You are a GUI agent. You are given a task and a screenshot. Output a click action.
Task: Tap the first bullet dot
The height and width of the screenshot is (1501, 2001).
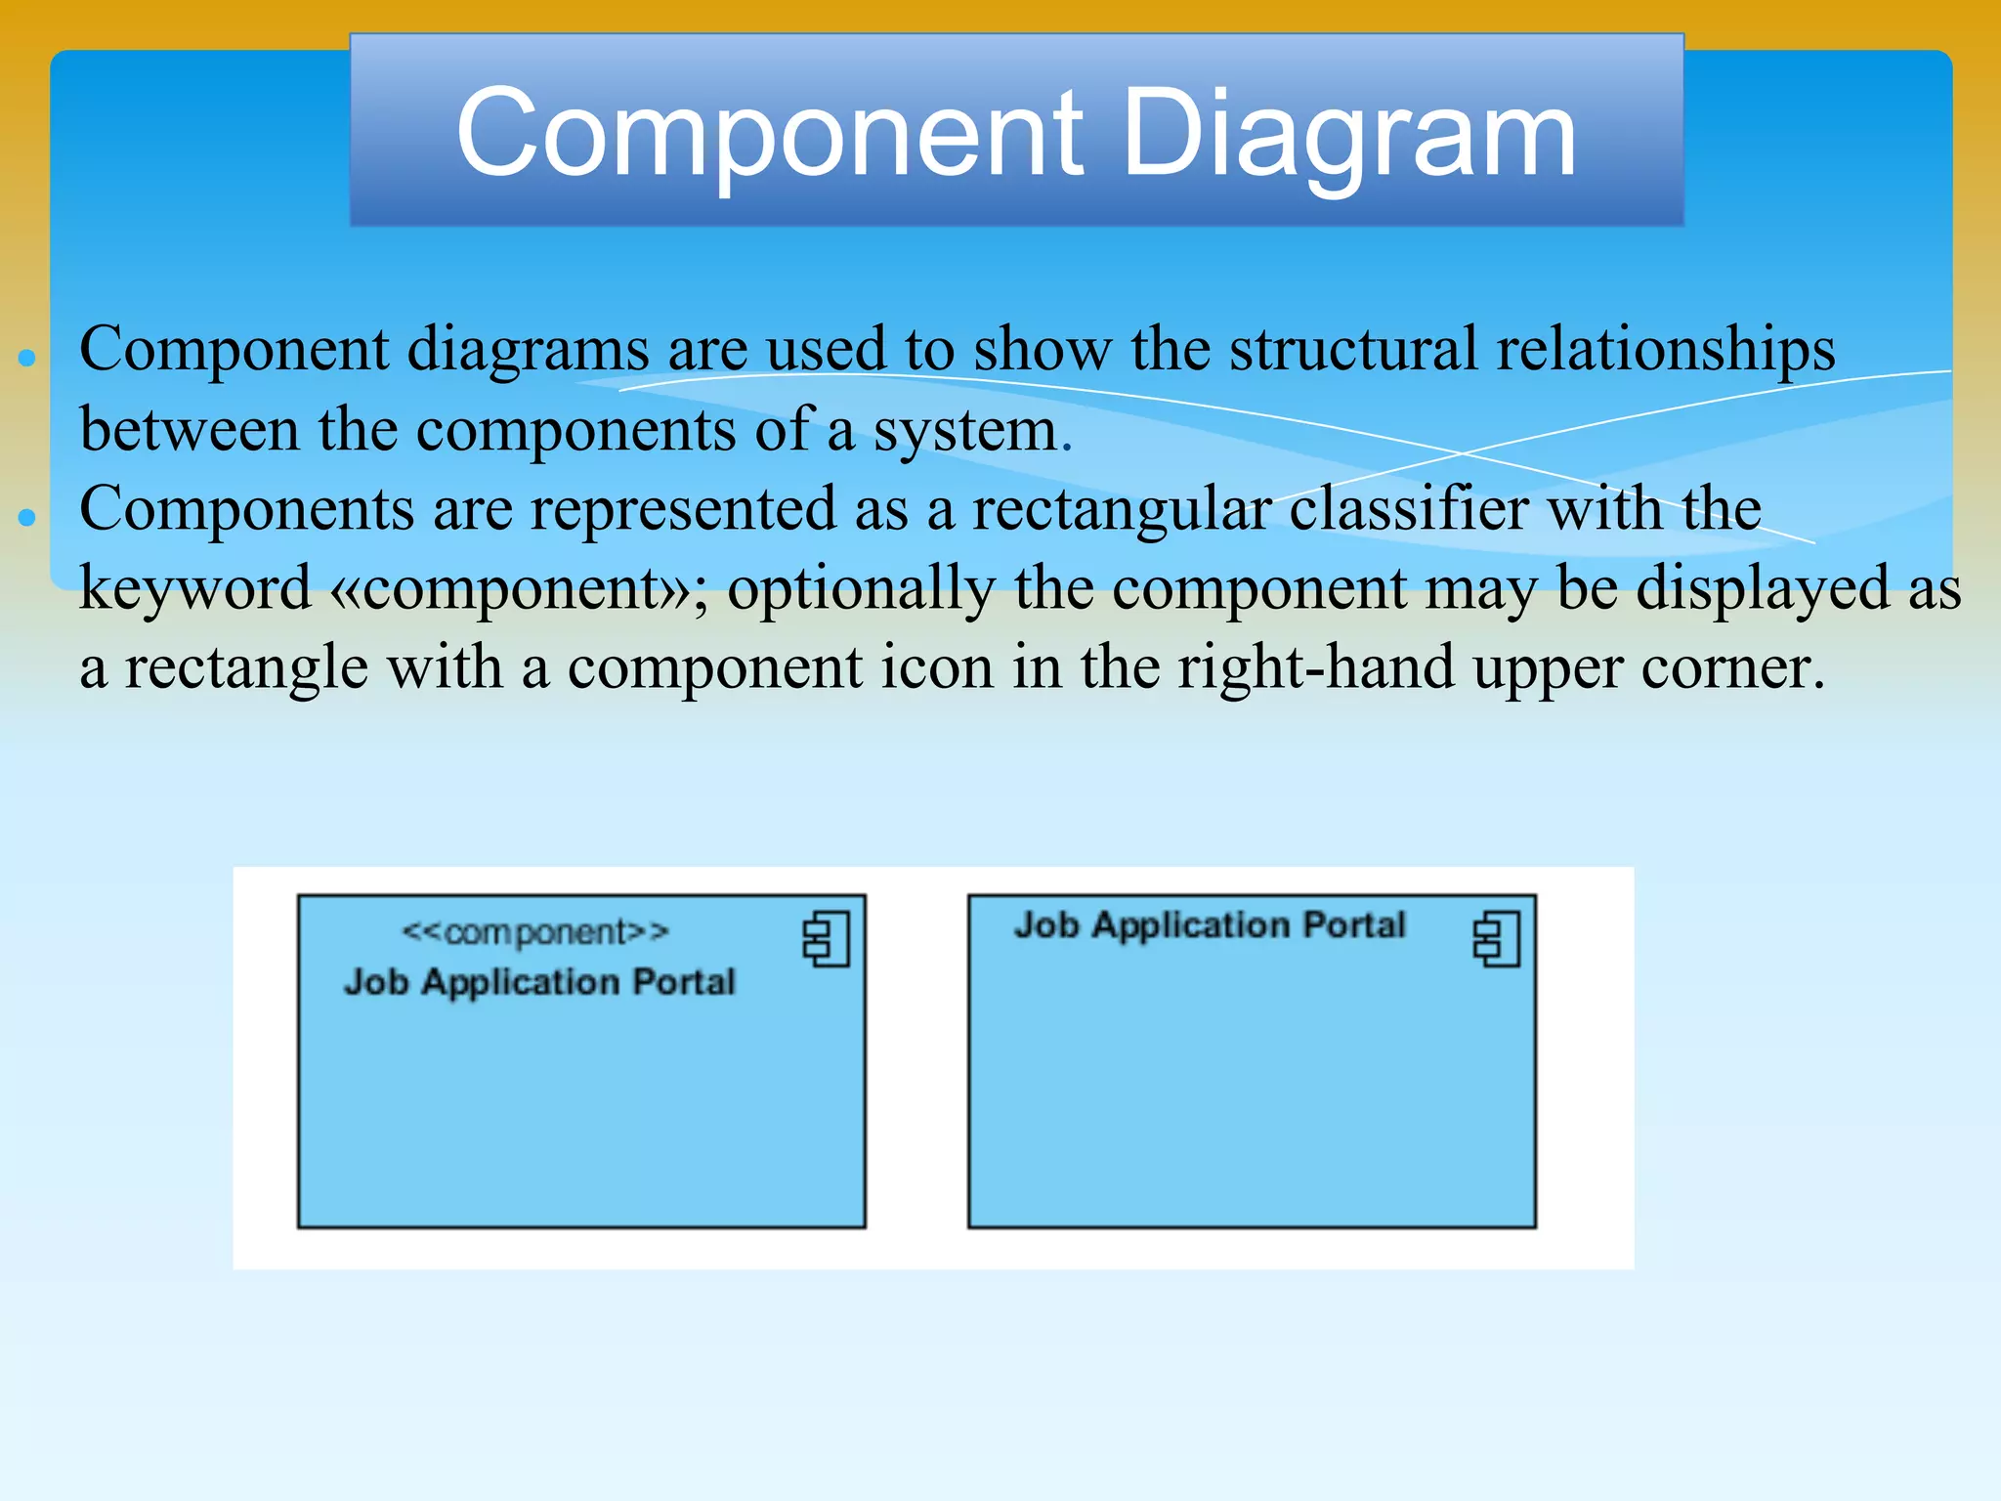click(27, 358)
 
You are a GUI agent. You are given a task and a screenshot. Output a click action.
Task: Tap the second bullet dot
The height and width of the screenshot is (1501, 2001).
click(27, 517)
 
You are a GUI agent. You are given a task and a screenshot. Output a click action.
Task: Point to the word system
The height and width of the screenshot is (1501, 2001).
click(966, 430)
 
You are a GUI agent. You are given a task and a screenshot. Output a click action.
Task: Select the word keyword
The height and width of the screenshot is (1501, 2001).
click(195, 588)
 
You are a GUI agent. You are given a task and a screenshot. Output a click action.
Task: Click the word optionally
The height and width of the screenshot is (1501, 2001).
click(861, 588)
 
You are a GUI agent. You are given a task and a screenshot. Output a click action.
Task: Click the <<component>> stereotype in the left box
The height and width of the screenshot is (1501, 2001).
click(535, 931)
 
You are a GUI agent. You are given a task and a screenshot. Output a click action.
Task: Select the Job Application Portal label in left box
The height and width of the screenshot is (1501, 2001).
click(539, 981)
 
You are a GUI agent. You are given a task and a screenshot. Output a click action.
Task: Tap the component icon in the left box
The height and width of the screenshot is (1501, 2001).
click(826, 939)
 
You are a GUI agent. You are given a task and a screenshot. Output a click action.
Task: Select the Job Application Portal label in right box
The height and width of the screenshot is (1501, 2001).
click(1210, 924)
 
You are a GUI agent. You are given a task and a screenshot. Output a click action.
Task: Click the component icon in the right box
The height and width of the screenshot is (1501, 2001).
click(1497, 939)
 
